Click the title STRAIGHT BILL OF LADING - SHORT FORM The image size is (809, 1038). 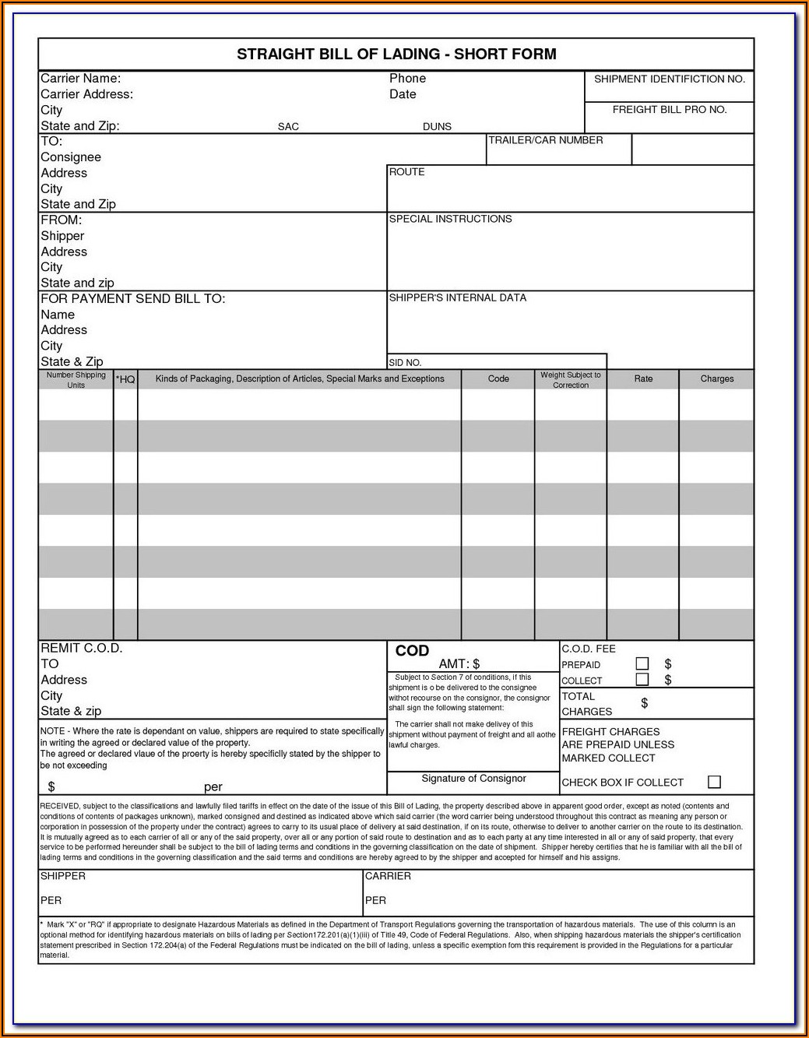pos(396,55)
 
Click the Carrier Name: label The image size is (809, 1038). pos(80,79)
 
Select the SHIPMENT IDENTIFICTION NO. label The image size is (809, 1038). pos(669,79)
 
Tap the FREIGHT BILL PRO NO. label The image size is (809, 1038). pos(669,110)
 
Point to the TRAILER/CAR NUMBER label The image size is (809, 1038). pos(545,141)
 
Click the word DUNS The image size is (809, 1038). pos(437,127)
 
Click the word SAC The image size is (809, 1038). pos(288,127)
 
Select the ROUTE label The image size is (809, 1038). pos(406,172)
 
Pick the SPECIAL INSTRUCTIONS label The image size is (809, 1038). pos(450,220)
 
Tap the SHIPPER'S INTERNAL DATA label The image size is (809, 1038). pos(457,298)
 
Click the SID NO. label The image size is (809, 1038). pos(405,363)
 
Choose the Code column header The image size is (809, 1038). pos(498,379)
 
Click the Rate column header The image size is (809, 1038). pos(643,379)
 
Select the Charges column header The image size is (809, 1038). pos(716,379)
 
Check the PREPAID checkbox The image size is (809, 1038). pos(642,663)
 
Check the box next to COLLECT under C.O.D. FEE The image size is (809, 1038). pos(642,680)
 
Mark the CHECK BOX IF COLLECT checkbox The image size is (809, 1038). pos(714,782)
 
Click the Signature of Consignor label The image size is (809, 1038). pos(473,779)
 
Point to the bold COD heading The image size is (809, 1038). pos(412,651)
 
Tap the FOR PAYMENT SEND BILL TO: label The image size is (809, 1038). pos(132,299)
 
